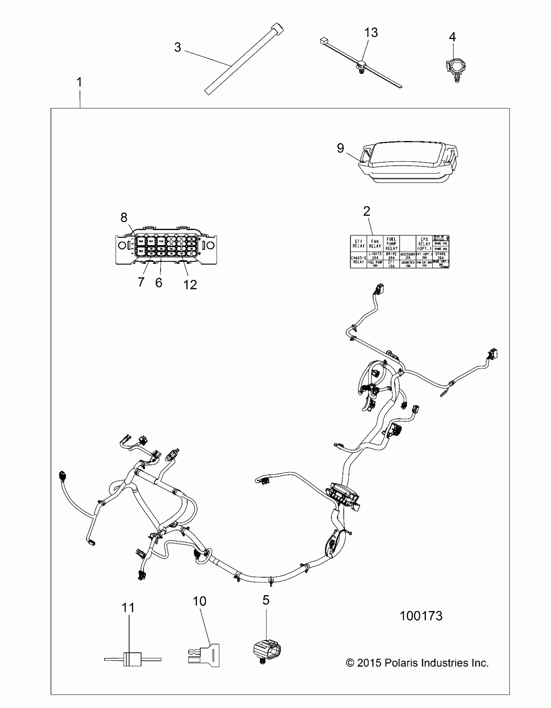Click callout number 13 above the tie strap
371,33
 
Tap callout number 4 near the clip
452,37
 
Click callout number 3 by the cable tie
177,47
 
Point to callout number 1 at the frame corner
79,82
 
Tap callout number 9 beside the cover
340,148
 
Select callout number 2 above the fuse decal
367,211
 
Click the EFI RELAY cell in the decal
358,243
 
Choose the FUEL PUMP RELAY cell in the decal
391,243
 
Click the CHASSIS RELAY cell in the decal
358,260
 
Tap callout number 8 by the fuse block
124,217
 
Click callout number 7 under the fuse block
141,282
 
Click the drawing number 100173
421,616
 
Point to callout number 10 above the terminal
199,601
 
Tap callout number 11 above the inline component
128,608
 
